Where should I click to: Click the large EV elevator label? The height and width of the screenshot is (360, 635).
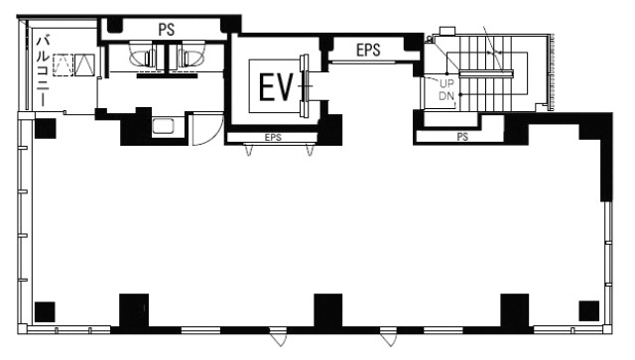pyautogui.click(x=276, y=87)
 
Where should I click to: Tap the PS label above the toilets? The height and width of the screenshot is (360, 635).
pyautogui.click(x=166, y=29)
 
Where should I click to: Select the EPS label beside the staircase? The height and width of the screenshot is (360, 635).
pyautogui.click(x=368, y=50)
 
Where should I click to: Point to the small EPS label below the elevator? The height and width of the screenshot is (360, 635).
pyautogui.click(x=273, y=137)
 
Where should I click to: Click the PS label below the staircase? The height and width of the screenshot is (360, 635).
pyautogui.click(x=462, y=137)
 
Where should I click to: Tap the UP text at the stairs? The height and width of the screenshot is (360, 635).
pyautogui.click(x=446, y=84)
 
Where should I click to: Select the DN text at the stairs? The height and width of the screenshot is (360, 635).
pyautogui.click(x=446, y=96)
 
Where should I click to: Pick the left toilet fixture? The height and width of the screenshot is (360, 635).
pyautogui.click(x=143, y=56)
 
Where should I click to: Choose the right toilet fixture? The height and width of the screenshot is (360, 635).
pyautogui.click(x=190, y=56)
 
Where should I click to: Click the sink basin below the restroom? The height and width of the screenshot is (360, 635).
pyautogui.click(x=164, y=126)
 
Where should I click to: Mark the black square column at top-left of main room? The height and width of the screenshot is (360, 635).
pyautogui.click(x=45, y=128)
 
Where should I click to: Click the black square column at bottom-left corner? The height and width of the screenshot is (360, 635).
pyautogui.click(x=45, y=311)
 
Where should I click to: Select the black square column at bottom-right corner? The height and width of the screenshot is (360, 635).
pyautogui.click(x=588, y=311)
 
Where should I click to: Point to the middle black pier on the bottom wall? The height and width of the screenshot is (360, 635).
pyautogui.click(x=328, y=310)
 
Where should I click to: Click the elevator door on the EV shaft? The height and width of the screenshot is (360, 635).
pyautogui.click(x=305, y=86)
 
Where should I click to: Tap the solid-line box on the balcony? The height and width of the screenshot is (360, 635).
pyautogui.click(x=85, y=64)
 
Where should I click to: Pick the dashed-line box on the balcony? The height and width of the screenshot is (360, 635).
pyautogui.click(x=63, y=64)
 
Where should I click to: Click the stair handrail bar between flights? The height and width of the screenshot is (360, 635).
pyautogui.click(x=486, y=73)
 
